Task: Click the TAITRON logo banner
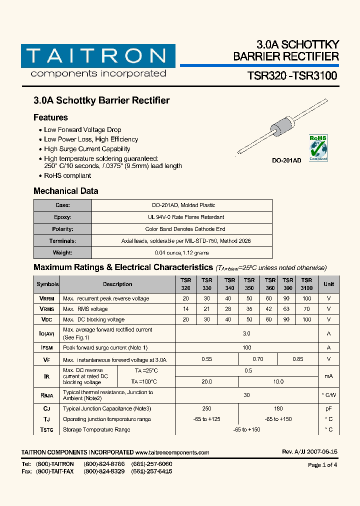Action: (98, 56)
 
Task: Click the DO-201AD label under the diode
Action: (286, 161)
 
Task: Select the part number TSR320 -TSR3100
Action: (292, 76)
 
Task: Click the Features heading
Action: (50, 117)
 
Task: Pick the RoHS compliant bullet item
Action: (67, 175)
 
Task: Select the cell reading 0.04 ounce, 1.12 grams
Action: (182, 253)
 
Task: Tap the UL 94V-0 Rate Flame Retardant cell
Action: (182, 217)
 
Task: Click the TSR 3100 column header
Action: (306, 284)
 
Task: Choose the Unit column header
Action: (328, 284)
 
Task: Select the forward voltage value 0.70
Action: (257, 359)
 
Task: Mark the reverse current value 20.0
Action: (206, 381)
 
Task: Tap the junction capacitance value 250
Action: (206, 408)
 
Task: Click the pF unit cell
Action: (328, 408)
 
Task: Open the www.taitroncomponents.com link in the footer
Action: (172, 452)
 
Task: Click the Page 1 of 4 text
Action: (322, 464)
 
